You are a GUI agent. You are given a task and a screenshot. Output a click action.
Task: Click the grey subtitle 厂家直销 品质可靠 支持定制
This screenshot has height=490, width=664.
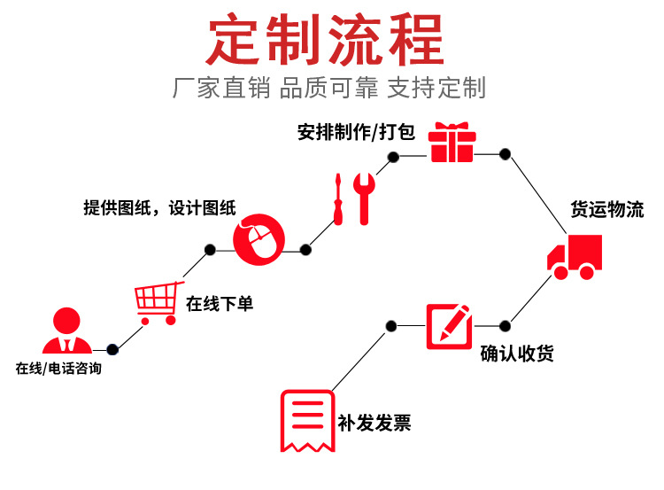[328, 89]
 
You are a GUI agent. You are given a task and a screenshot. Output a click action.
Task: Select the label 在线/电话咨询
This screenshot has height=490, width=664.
[58, 368]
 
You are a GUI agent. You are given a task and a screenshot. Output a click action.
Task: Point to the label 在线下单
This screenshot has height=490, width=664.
[220, 304]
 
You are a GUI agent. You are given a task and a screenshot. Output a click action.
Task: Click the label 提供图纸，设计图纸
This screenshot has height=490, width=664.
[159, 208]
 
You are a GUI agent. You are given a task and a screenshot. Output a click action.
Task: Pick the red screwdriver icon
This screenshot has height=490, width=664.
[337, 198]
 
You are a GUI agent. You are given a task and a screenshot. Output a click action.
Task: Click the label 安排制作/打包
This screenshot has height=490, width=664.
[356, 133]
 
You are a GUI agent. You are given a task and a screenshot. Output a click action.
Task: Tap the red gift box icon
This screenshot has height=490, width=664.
[452, 144]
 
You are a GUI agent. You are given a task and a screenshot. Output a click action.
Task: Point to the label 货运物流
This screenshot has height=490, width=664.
[606, 210]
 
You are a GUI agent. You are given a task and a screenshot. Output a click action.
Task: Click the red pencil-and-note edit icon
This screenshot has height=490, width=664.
[448, 325]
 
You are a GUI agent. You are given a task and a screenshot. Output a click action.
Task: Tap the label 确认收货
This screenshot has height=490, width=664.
[517, 354]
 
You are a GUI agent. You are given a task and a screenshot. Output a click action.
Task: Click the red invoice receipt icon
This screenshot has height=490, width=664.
[306, 421]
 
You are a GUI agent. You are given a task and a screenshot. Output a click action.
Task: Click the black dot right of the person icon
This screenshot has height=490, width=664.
[112, 349]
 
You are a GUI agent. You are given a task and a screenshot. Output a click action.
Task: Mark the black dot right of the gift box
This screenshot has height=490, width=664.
[505, 154]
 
